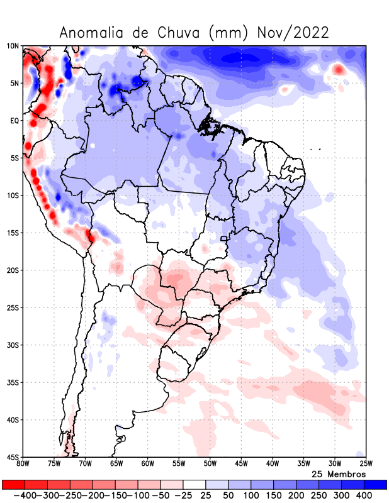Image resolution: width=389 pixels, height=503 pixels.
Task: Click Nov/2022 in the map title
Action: pos(293,33)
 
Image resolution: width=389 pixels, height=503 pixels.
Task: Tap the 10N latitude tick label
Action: pos(13,46)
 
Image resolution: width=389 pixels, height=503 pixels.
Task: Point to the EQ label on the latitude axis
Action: pos(14,120)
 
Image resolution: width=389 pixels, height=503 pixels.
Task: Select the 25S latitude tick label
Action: pos(13,307)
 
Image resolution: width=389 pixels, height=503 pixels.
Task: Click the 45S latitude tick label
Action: pos(13,456)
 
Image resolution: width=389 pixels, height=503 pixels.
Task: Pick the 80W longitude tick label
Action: pos(23,464)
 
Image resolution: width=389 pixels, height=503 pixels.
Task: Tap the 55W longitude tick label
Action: pos(179,464)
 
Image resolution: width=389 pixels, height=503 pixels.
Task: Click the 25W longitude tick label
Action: pos(366,464)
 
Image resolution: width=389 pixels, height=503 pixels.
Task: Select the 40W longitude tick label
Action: pos(273,464)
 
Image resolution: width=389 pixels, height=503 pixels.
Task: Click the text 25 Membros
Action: pos(338,473)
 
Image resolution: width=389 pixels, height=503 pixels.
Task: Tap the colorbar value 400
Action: pos(364,495)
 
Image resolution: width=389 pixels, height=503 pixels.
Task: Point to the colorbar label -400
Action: pos(25,495)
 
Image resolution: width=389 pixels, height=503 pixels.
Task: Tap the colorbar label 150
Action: pos(273,495)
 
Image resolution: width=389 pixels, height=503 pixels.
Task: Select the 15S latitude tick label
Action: pos(13,233)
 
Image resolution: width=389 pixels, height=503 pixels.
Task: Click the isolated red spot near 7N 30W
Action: pos(339,70)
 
